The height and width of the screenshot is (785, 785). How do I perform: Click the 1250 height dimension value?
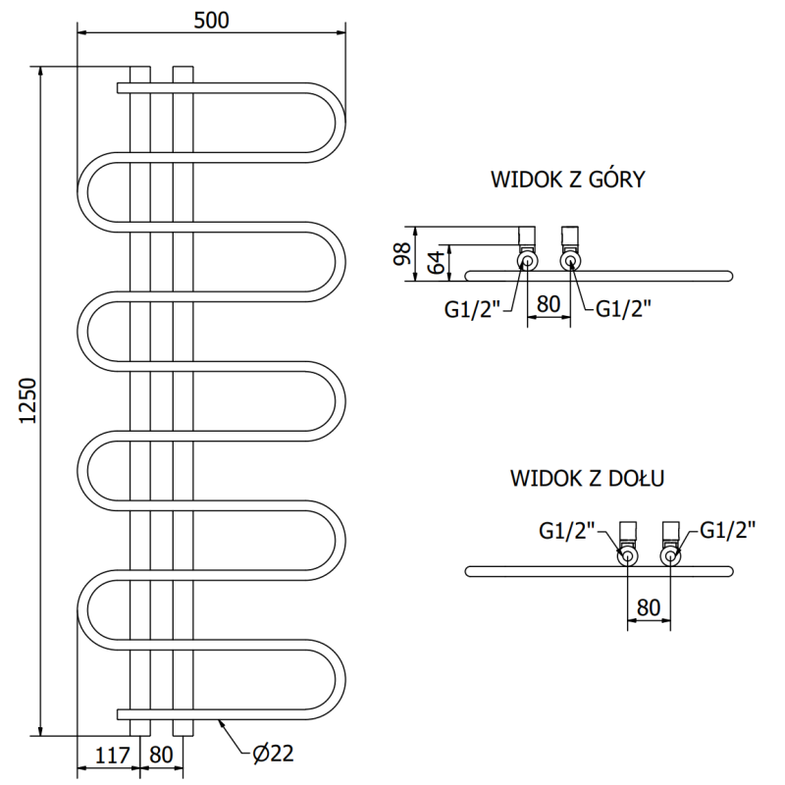(x=27, y=400)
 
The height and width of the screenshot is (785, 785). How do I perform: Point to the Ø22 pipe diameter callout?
(x=273, y=754)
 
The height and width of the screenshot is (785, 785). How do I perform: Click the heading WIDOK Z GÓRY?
(x=567, y=180)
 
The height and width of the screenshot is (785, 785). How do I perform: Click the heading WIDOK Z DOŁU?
(x=588, y=479)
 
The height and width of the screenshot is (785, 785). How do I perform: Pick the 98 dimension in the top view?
(x=400, y=253)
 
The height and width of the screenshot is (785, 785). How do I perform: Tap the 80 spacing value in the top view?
(x=549, y=305)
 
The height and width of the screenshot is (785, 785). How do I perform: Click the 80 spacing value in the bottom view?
(x=649, y=607)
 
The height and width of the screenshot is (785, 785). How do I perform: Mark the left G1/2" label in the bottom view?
(x=567, y=531)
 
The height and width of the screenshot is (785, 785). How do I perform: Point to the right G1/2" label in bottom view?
(x=727, y=531)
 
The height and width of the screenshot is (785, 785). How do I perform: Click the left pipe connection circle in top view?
(x=528, y=262)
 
